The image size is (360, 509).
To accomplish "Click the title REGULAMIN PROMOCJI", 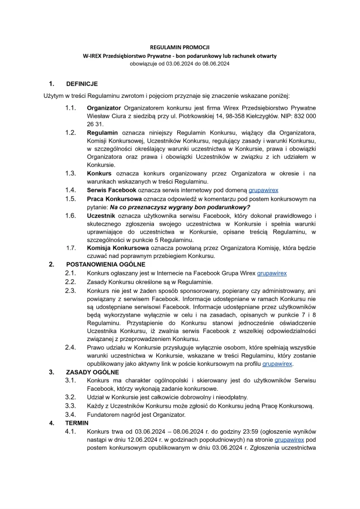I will [x=179, y=48].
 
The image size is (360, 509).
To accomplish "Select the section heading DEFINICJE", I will [x=82, y=84].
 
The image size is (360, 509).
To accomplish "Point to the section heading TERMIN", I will [x=76, y=422].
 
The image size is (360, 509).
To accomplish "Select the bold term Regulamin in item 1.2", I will [x=102, y=132].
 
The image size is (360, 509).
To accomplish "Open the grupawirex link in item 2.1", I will [x=272, y=273].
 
